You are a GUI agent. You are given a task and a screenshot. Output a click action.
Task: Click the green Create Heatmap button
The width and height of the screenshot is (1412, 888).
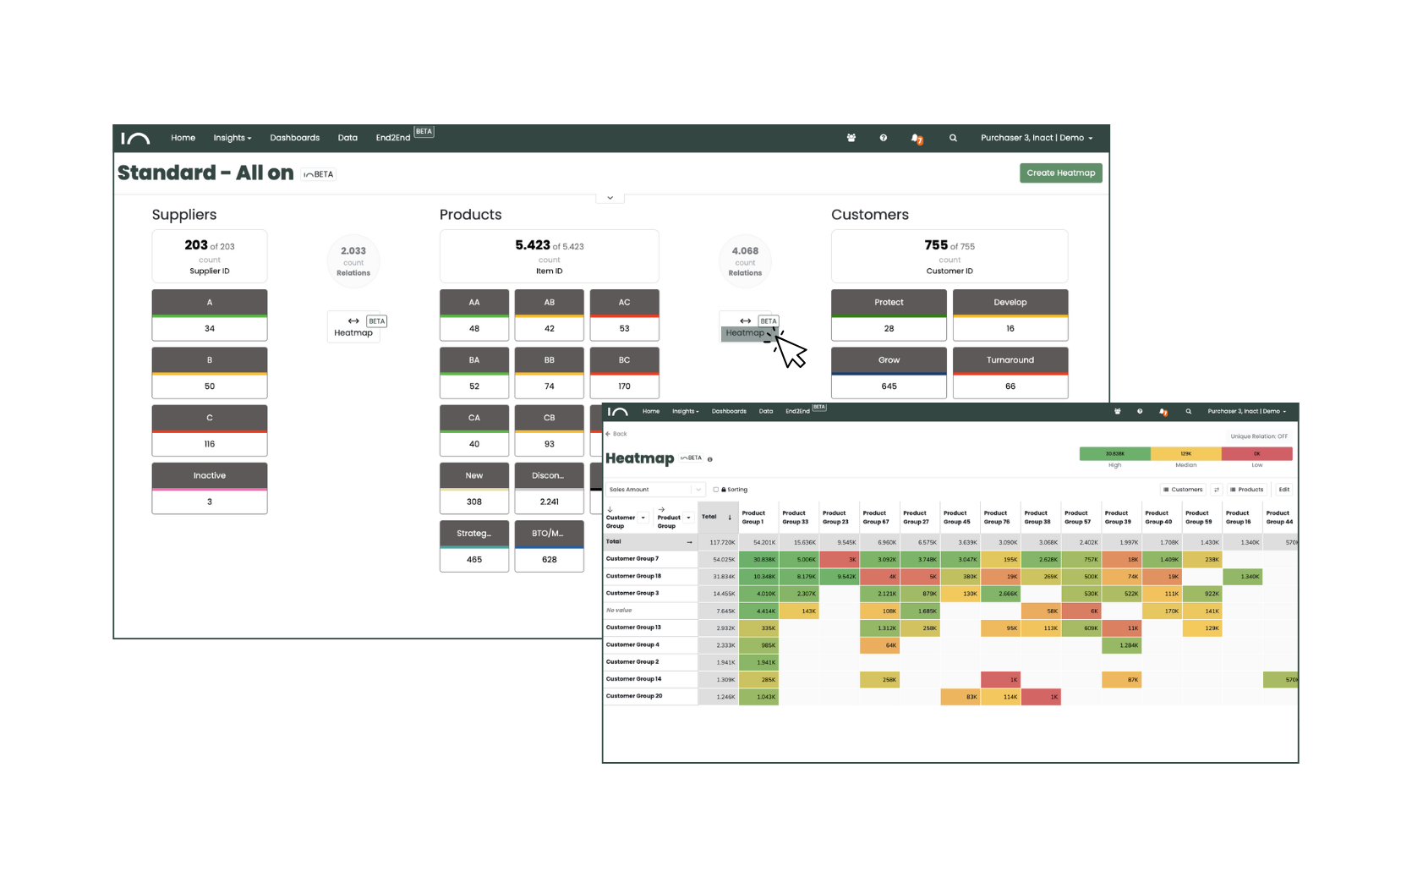tap(1060, 173)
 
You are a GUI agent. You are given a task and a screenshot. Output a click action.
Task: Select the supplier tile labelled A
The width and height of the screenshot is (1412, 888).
tap(210, 303)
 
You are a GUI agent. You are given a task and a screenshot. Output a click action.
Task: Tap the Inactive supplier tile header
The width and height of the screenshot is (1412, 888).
tap(210, 475)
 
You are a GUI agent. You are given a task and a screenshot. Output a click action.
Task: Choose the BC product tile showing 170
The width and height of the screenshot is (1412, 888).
tap(624, 373)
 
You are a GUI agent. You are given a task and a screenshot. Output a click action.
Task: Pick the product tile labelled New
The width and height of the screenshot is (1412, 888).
tap(474, 475)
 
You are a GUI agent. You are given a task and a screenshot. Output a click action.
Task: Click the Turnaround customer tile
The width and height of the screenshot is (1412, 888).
tap(1010, 360)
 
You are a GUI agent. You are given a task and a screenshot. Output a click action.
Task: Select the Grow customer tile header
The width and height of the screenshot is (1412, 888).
tap(889, 360)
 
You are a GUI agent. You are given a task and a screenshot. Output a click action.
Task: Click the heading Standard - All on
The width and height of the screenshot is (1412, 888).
tap(205, 173)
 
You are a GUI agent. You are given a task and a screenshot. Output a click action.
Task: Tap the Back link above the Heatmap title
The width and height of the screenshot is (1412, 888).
tap(617, 434)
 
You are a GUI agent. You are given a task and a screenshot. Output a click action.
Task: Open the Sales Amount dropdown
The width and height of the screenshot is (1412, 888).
tap(655, 490)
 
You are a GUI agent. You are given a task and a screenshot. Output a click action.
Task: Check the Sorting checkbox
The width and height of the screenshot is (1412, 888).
tap(716, 490)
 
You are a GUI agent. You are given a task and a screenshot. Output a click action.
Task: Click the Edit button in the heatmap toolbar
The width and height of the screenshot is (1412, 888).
tap(1283, 490)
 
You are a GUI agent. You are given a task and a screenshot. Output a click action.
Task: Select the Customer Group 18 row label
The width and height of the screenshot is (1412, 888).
tap(634, 576)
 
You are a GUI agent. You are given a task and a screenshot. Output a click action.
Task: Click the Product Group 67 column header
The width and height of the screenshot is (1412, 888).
tap(876, 517)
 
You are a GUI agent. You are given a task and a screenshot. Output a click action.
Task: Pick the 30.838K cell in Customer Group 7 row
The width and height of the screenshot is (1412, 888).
tap(758, 559)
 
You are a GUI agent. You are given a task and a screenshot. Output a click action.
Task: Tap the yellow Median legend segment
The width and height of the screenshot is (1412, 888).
tap(1185, 454)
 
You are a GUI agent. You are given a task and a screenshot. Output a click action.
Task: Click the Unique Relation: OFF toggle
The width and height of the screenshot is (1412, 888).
tap(1259, 436)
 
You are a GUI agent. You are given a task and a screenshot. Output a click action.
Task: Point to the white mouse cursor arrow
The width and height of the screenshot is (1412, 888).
tap(791, 352)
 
